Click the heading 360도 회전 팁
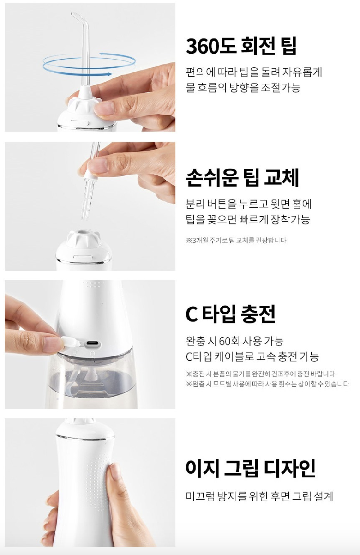point(241,46)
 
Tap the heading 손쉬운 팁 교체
point(242,177)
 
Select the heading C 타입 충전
point(230,314)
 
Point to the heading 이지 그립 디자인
point(251,468)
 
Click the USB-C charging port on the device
point(93,344)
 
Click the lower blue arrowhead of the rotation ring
point(108,74)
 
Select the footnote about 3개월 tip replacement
point(236,241)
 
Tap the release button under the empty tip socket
point(84,258)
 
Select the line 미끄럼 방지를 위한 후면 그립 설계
point(259,496)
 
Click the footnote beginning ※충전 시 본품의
point(260,374)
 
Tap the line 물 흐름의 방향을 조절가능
point(243,87)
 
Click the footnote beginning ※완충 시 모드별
point(268,384)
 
